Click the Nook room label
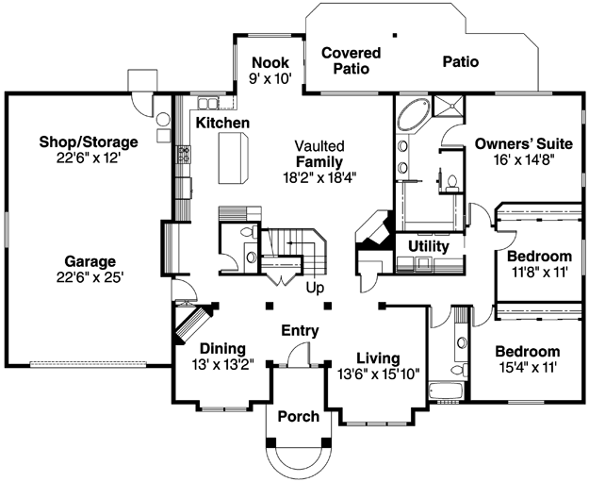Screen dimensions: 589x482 pos(270,62)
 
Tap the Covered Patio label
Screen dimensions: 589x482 pos(352,60)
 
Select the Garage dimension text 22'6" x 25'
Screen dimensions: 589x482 pos(90,277)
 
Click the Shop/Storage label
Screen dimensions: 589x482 pos(89,142)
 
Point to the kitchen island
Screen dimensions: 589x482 pos(233,158)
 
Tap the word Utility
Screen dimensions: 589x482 pos(429,246)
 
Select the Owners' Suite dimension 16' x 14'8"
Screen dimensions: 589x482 pos(524,160)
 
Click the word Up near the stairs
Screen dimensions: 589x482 pos(315,288)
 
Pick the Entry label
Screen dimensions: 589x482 pos(300,331)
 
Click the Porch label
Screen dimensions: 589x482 pos(299,417)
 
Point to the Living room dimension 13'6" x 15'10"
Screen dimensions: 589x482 pos(378,374)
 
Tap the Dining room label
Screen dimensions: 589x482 pos(222,349)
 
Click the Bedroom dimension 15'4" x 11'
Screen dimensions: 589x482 pos(528,367)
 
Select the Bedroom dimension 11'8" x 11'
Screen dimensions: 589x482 pos(539,272)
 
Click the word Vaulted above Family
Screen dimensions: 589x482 pos(319,146)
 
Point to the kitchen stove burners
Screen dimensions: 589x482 pos(184,155)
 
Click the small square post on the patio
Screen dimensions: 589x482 pos(395,35)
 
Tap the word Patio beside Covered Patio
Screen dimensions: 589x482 pos(461,61)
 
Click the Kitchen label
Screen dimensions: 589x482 pos(222,123)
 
